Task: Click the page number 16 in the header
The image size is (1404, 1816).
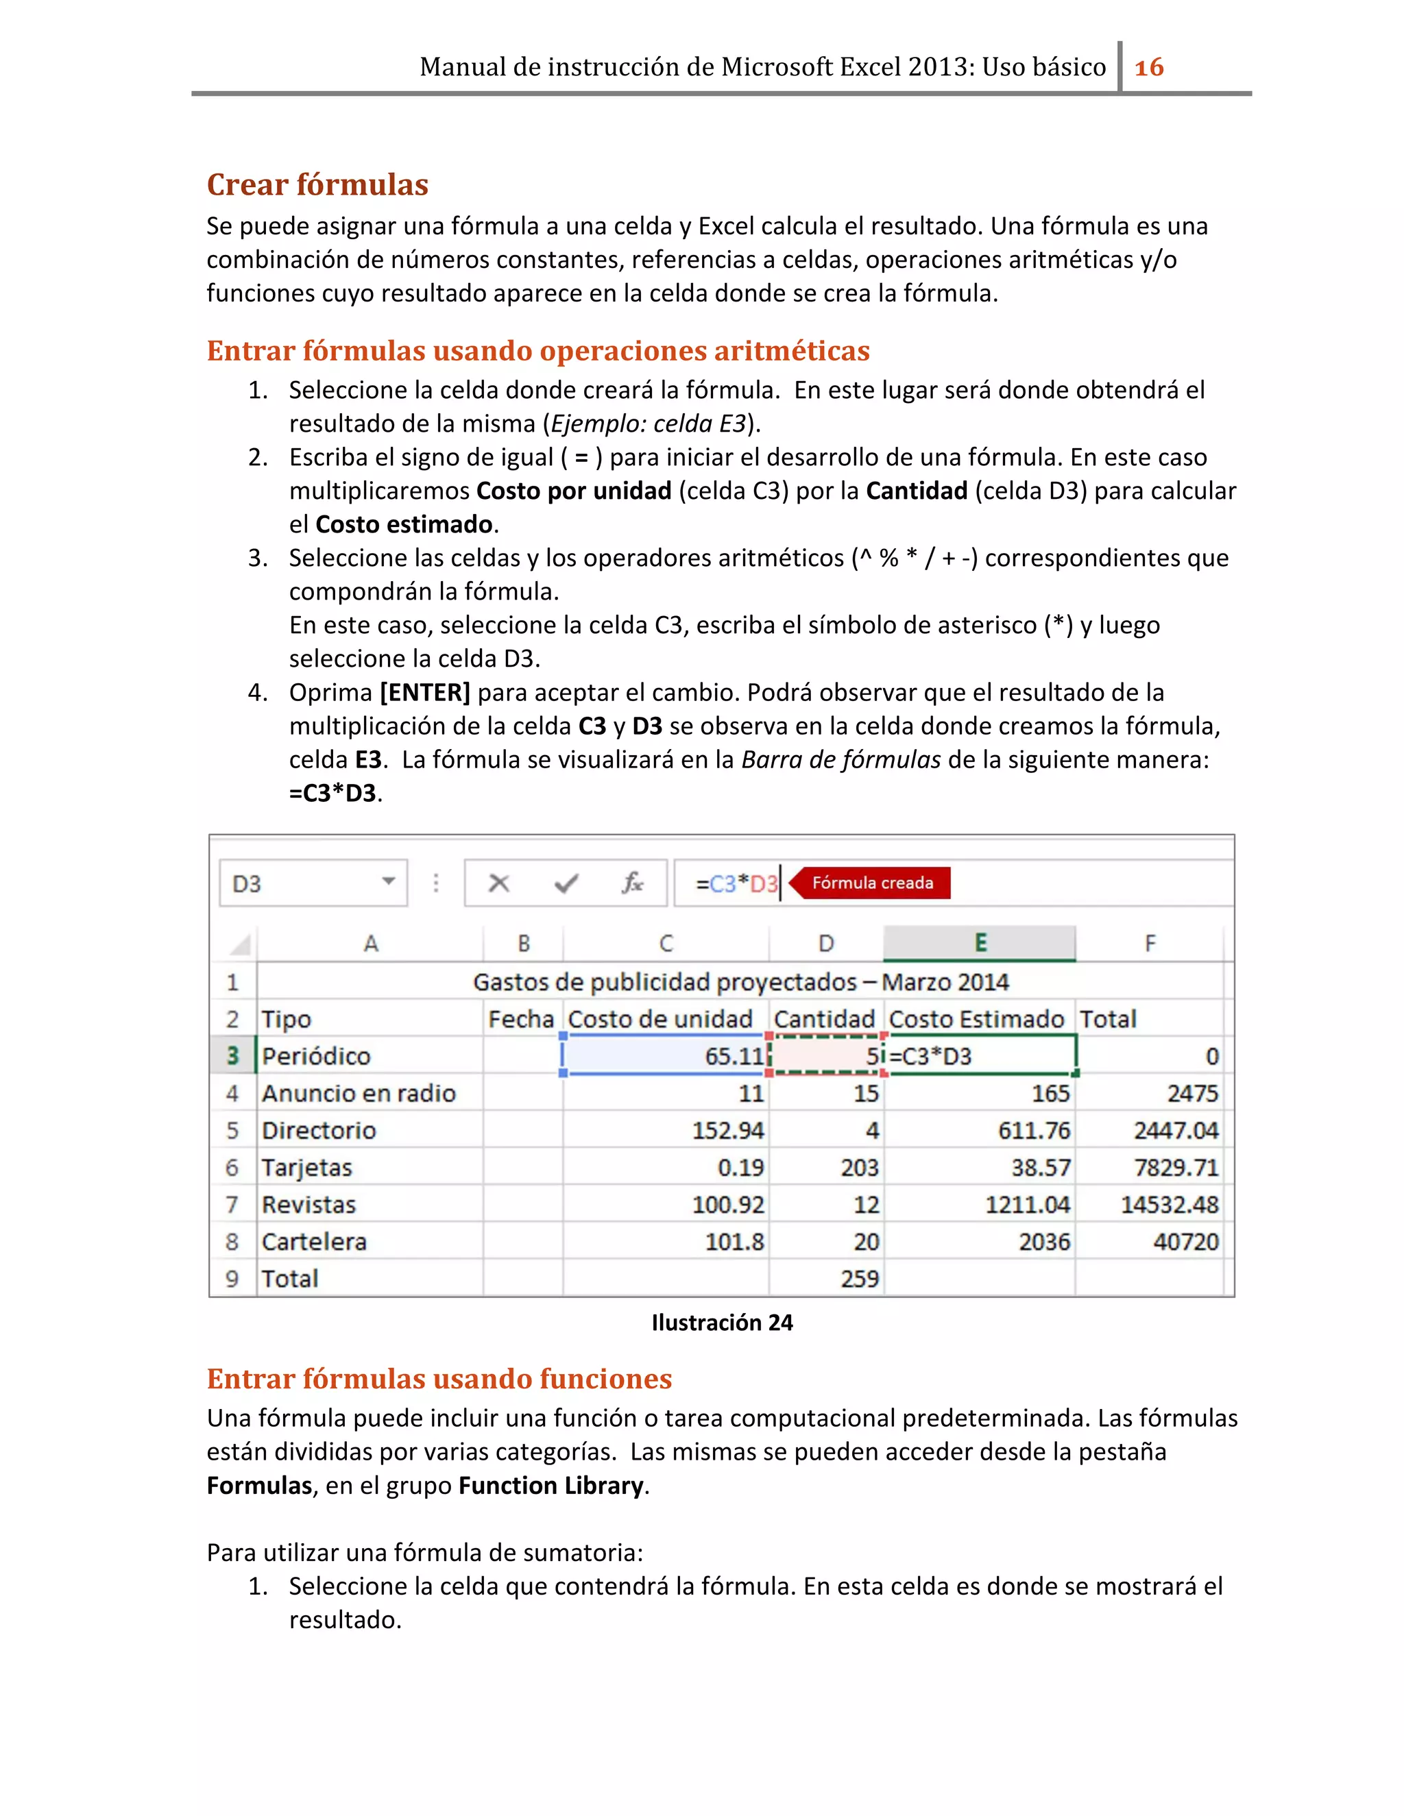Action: pyautogui.click(x=1149, y=67)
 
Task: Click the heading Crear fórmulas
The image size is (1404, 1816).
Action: pyautogui.click(x=317, y=184)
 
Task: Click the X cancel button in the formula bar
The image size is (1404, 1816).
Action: pyautogui.click(x=498, y=883)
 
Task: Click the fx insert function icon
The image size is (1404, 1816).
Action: pyautogui.click(x=632, y=883)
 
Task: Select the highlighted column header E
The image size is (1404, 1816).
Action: pyautogui.click(x=980, y=943)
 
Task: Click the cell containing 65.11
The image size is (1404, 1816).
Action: pyautogui.click(x=666, y=1055)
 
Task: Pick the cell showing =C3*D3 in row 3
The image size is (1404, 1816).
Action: pyautogui.click(x=980, y=1056)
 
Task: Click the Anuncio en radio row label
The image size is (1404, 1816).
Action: pyautogui.click(x=359, y=1094)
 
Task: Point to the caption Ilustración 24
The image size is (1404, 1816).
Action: pyautogui.click(x=722, y=1322)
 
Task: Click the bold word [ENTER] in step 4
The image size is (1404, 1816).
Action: pyautogui.click(x=425, y=692)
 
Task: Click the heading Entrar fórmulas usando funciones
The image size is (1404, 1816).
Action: pyautogui.click(x=439, y=1379)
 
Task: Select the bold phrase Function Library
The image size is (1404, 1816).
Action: pyautogui.click(x=550, y=1485)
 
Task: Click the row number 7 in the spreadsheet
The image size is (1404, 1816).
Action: pyautogui.click(x=232, y=1204)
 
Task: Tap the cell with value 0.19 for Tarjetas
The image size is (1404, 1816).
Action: pyautogui.click(x=740, y=1168)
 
